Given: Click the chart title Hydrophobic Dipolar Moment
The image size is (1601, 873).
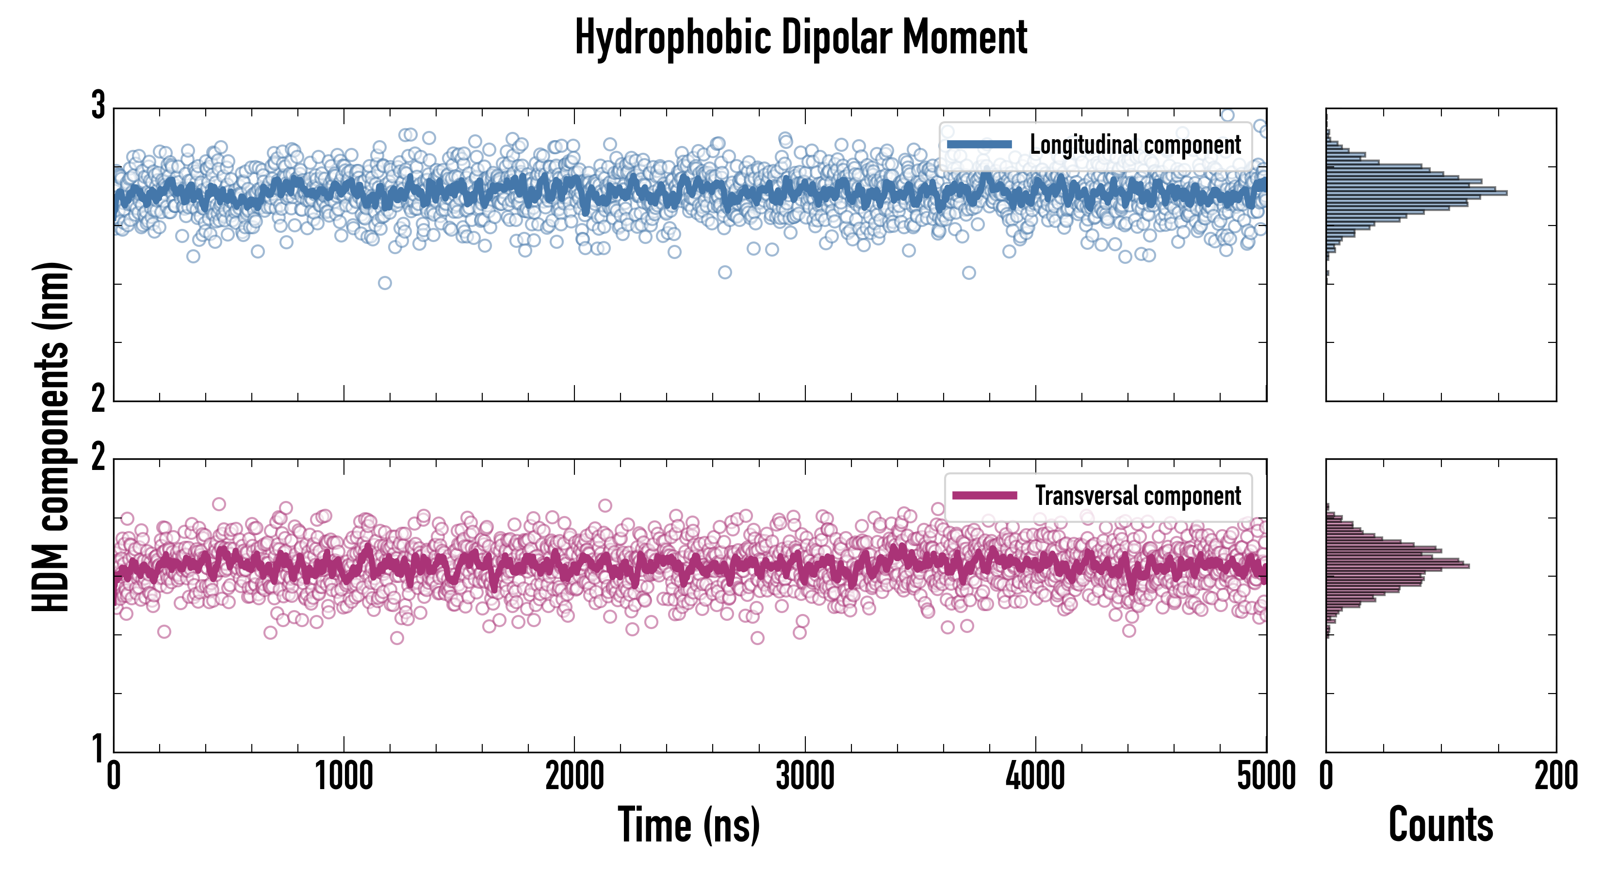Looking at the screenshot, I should pyautogui.click(x=800, y=37).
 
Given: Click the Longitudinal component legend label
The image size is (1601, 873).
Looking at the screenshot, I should pyautogui.click(x=1135, y=145).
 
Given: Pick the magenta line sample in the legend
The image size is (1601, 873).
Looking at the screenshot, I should pyautogui.click(x=984, y=496).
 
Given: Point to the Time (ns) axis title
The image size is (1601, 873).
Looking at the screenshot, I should pyautogui.click(x=688, y=825).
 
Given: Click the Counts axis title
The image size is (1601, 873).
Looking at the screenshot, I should pyautogui.click(x=1440, y=825).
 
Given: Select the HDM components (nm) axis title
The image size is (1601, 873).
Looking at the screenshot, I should pyautogui.click(x=51, y=437).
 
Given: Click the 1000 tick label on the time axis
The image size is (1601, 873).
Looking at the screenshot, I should pyautogui.click(x=343, y=776).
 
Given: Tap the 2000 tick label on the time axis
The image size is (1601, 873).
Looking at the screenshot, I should pyautogui.click(x=574, y=776).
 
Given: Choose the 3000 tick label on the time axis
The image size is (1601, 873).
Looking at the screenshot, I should pyautogui.click(x=805, y=776).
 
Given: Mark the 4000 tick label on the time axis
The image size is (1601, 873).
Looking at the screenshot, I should pyautogui.click(x=1035, y=776).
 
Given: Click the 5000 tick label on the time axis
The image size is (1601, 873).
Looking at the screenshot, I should pyautogui.click(x=1266, y=776).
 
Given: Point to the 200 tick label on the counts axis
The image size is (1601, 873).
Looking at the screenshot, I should pyautogui.click(x=1555, y=776).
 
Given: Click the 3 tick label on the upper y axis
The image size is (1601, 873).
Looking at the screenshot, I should pyautogui.click(x=98, y=106).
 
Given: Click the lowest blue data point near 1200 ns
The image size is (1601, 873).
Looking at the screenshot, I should pyautogui.click(x=385, y=283).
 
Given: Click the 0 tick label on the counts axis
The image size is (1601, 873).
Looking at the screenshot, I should pyautogui.click(x=1326, y=776).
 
